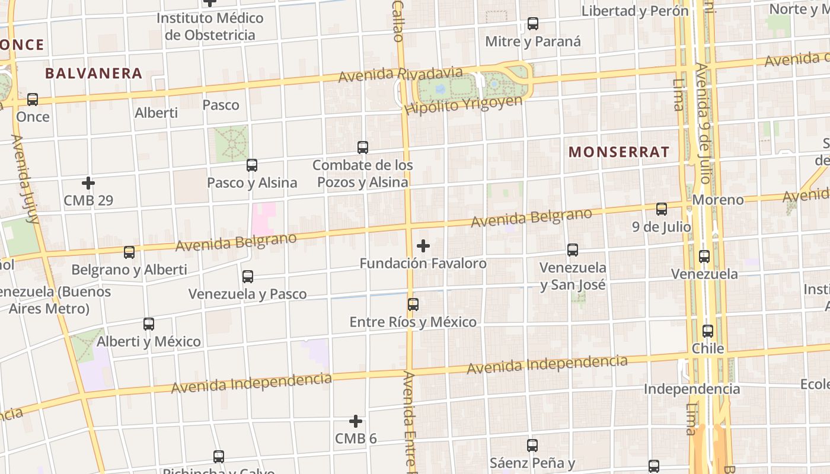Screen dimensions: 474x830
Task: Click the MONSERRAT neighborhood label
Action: [619, 152]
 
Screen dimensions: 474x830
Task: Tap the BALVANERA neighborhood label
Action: [94, 73]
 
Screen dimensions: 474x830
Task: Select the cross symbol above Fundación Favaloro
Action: [423, 245]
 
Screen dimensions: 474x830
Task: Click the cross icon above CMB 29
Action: [88, 183]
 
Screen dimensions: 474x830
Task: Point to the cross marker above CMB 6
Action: [356, 421]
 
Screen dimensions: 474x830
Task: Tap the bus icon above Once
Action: [33, 100]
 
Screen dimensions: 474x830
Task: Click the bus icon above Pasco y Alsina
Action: [252, 165]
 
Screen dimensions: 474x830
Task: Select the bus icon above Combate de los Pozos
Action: [363, 148]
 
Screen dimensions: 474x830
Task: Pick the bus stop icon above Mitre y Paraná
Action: [533, 24]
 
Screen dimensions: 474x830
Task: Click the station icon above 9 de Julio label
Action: [662, 209]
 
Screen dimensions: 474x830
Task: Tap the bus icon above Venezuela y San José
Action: [573, 250]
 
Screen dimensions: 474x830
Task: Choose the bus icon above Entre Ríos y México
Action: [413, 305]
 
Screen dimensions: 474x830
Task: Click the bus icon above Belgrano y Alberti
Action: [129, 252]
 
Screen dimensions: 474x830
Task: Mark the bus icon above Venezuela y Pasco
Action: [248, 277]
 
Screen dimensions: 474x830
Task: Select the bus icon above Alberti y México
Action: [149, 324]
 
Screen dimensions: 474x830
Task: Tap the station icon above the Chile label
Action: [708, 331]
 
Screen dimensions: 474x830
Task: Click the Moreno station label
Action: [718, 200]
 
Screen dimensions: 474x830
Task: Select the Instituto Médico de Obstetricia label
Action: [210, 26]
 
